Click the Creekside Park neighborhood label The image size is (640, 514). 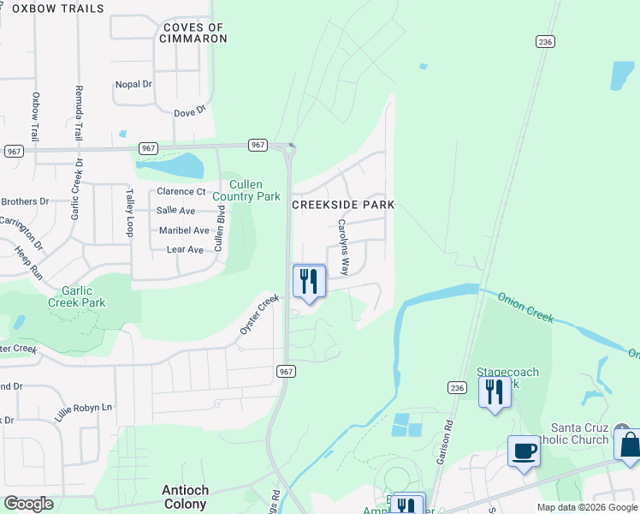tap(344, 205)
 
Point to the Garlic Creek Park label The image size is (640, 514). tap(76, 296)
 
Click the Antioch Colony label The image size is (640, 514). tap(186, 496)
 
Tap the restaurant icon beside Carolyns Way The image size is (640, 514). tap(309, 281)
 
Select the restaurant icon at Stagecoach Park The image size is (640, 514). tap(495, 391)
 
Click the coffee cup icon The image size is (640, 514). tap(524, 451)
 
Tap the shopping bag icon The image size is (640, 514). tap(629, 445)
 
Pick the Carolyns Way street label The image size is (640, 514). tap(342, 246)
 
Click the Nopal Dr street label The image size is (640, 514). tap(133, 85)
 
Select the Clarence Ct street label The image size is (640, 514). tap(181, 192)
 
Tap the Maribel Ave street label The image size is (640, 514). tap(184, 230)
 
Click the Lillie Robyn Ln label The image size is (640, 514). tap(84, 408)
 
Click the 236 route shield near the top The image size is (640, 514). tap(545, 41)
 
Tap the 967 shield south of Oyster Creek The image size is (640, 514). tap(286, 370)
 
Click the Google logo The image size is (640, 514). tap(29, 504)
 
